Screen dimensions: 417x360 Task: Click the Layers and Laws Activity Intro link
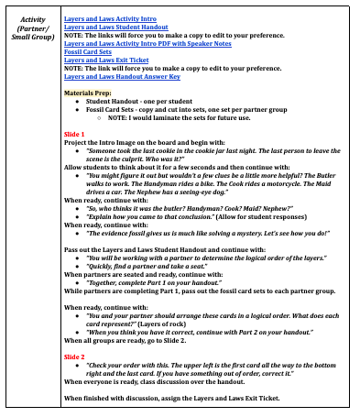111,18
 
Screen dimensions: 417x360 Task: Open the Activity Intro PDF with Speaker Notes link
147,43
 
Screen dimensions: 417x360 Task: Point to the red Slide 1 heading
73,134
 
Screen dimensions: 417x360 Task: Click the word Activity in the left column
32,18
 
